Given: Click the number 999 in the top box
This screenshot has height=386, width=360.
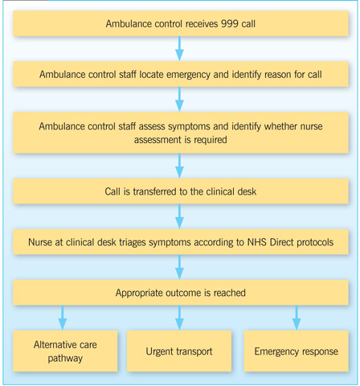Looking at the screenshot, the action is [230, 23].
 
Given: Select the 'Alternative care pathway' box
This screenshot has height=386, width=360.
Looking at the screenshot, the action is [65, 351].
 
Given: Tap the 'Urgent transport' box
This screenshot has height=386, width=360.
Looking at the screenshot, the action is [179, 351].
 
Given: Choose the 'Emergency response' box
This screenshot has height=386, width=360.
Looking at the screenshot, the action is [297, 351].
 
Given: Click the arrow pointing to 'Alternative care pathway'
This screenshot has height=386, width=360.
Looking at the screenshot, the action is [63, 318].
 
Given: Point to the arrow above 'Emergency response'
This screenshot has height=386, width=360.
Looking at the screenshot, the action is [297, 318].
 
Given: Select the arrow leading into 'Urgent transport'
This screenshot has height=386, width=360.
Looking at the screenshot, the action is [179, 318].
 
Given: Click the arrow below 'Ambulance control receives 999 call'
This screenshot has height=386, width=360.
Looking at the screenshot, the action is [179, 48].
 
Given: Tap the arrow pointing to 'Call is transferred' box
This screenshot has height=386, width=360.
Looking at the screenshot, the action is [179, 166].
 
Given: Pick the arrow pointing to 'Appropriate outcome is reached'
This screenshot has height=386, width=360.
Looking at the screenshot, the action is [179, 267].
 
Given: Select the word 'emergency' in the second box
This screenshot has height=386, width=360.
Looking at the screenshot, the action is [188, 75].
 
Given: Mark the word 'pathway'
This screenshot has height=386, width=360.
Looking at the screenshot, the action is [65, 359].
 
